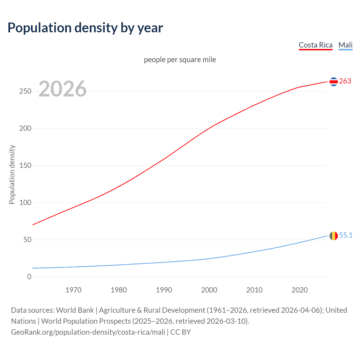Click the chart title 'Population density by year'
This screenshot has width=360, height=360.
tap(85, 28)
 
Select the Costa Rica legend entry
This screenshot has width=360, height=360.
tap(316, 45)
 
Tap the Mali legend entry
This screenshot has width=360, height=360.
tap(345, 45)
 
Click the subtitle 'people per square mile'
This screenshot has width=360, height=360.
tap(180, 60)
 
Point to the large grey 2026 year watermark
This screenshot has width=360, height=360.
tap(62, 89)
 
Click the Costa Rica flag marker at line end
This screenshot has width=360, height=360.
tap(334, 82)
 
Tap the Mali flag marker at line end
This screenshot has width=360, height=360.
tap(334, 236)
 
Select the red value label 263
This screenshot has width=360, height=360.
tap(345, 81)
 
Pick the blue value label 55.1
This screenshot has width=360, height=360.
tap(346, 235)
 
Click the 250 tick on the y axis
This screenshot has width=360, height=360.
tap(25, 91)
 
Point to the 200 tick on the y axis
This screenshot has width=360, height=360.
tap(25, 129)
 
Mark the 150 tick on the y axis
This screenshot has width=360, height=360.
tap(25, 166)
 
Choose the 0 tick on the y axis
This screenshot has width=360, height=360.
tap(29, 277)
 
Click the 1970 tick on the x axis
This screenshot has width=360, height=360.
tap(73, 290)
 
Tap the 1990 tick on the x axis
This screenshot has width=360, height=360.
tap(164, 290)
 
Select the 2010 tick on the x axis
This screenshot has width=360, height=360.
tap(254, 290)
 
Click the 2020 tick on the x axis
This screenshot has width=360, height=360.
tap(300, 290)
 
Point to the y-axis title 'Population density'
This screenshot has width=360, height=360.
tap(12, 174)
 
